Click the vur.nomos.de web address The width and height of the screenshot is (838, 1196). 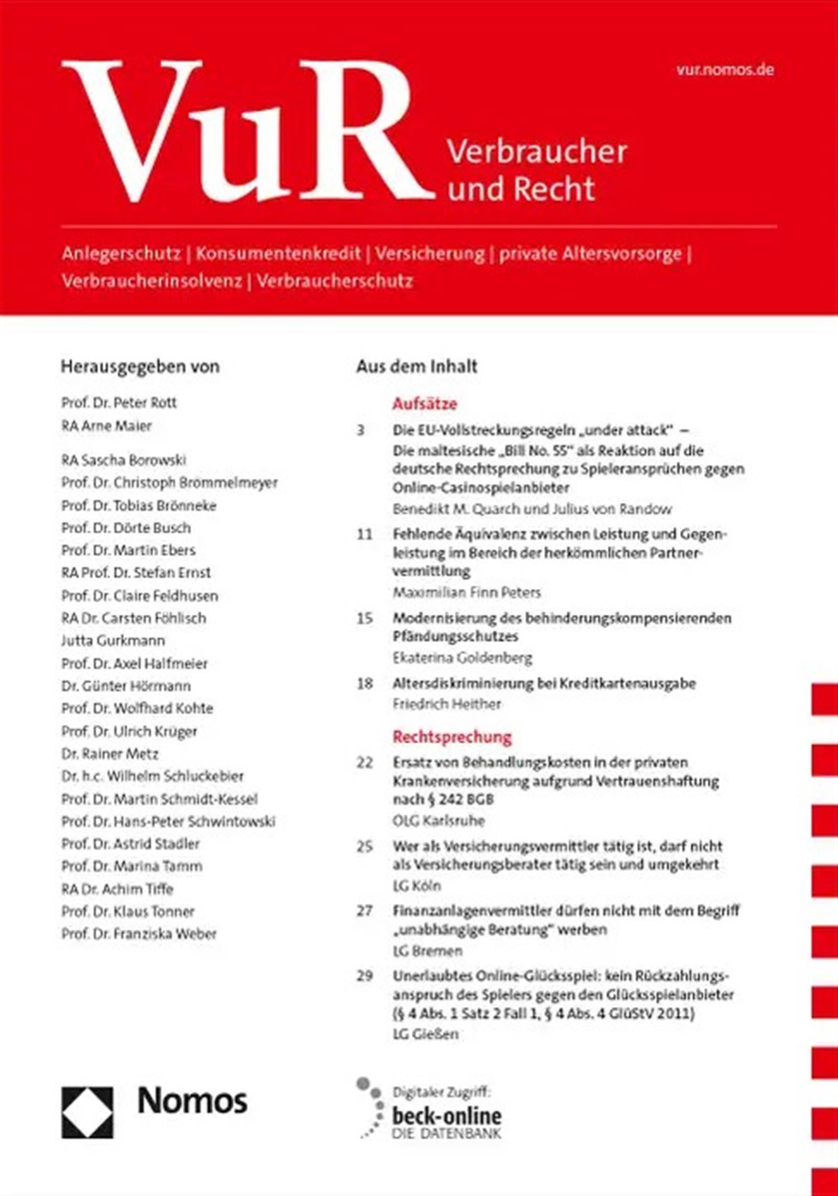[x=724, y=70]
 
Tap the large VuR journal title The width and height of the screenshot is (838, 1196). [x=246, y=131]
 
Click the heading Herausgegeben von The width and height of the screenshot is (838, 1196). [x=140, y=367]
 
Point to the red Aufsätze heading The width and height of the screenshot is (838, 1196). [x=425, y=404]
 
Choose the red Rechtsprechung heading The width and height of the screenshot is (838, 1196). [x=452, y=737]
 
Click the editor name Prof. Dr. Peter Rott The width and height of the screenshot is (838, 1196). [x=119, y=403]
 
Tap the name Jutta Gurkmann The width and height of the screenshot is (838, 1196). [x=113, y=641]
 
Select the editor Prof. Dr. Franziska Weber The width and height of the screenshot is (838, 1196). [x=139, y=934]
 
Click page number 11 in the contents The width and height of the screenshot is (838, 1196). [x=365, y=534]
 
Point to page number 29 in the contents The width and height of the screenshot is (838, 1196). [x=365, y=975]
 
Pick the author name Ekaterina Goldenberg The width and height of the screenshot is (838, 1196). [x=462, y=658]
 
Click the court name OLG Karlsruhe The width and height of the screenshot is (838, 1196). [x=439, y=820]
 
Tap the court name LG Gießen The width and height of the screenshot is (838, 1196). [x=426, y=1034]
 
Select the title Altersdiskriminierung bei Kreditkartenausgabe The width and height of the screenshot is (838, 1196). [x=544, y=684]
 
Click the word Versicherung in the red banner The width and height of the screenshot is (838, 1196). [x=429, y=254]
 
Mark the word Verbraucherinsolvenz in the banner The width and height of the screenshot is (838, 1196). [x=152, y=281]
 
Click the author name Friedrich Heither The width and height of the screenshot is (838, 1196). [x=447, y=704]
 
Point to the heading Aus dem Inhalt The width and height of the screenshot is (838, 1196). [x=417, y=367]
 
